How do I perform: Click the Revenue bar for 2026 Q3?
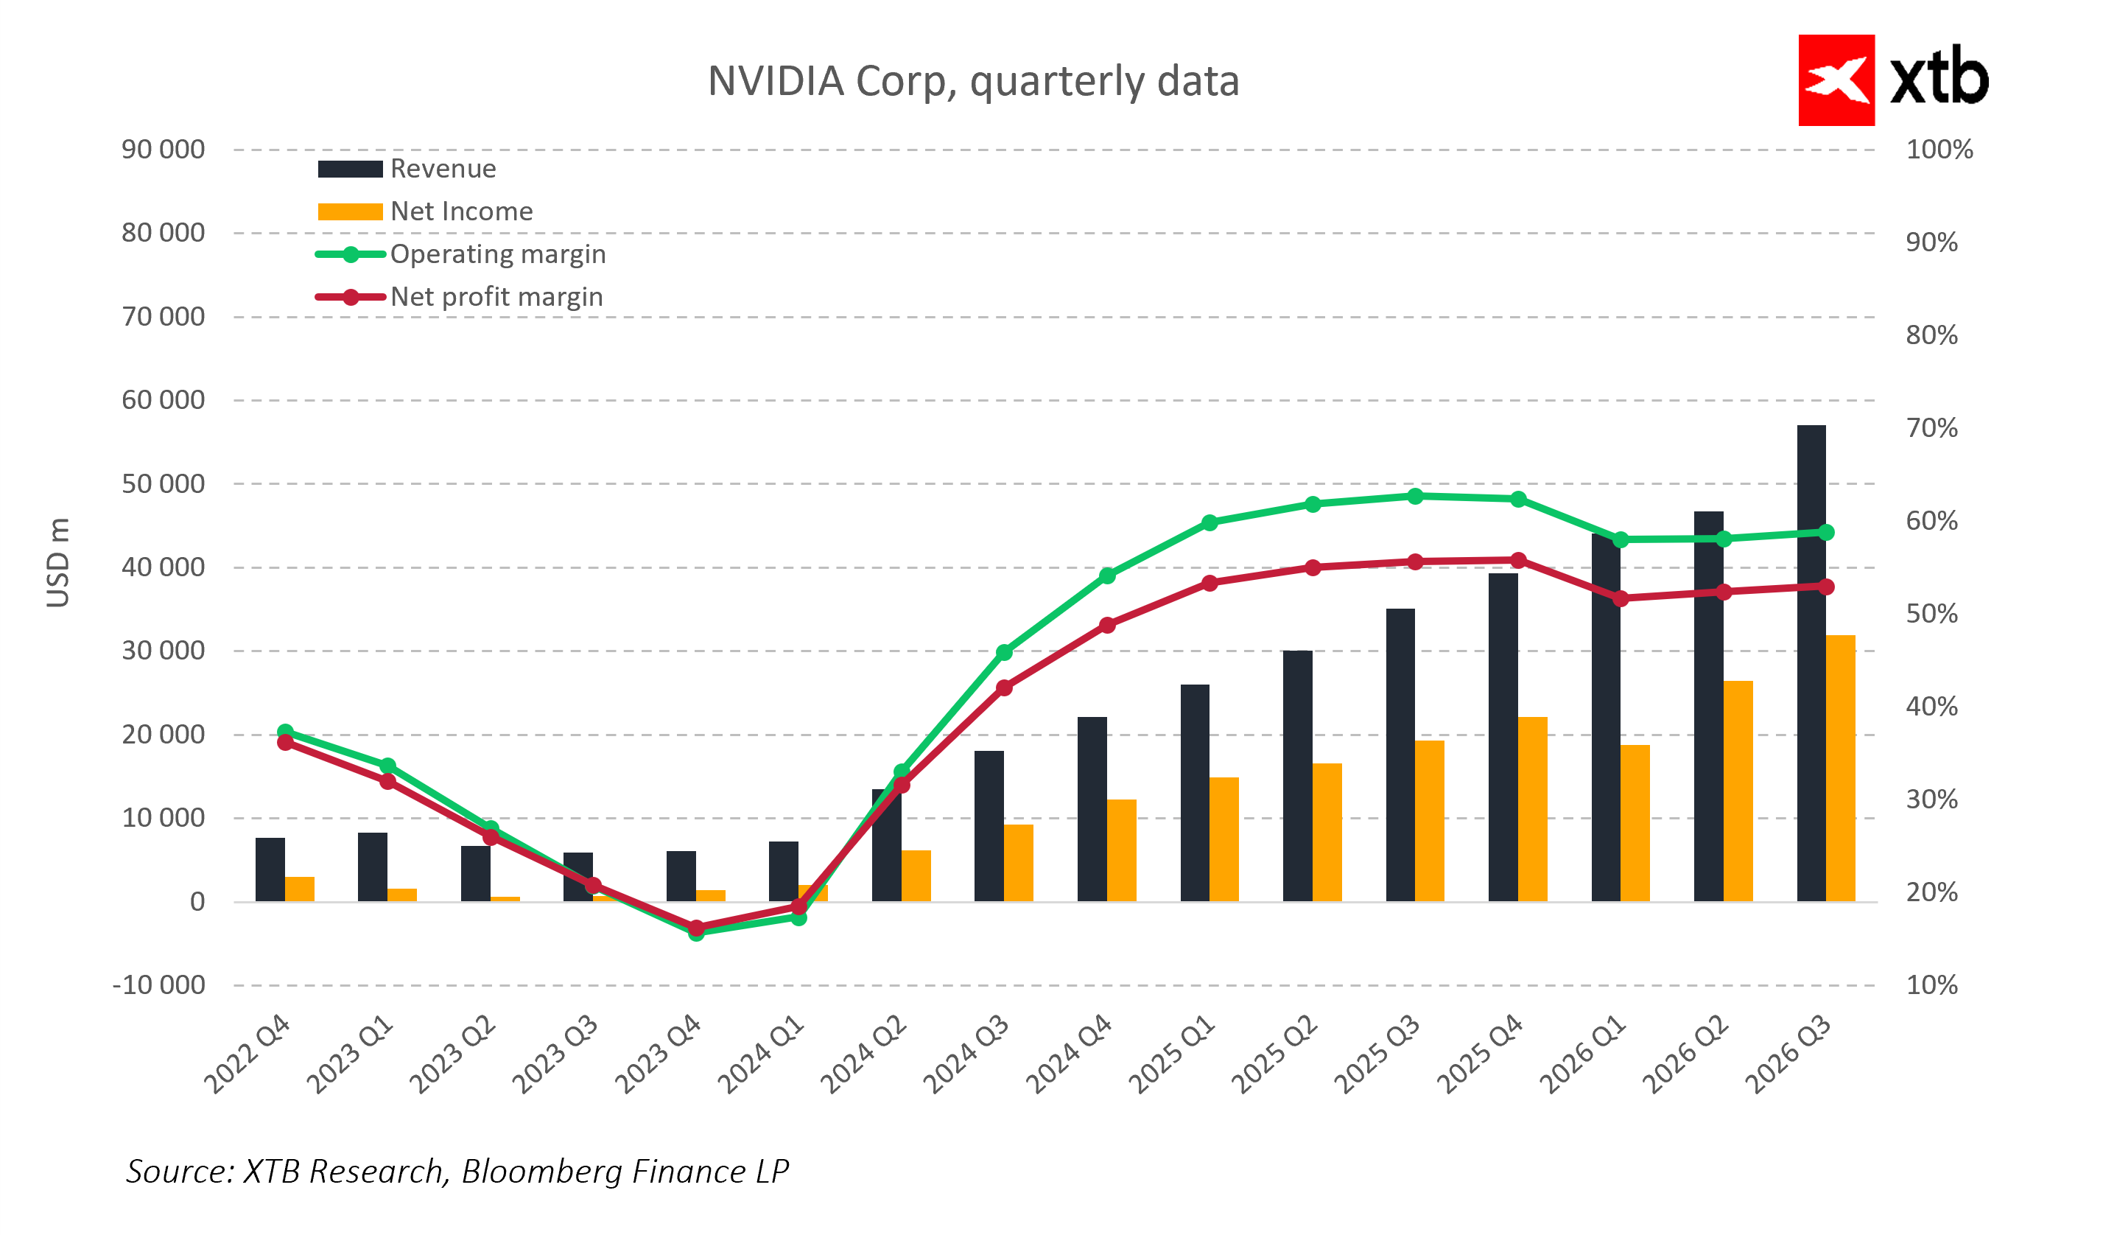(x=1811, y=664)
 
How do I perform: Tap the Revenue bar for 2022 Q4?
(x=270, y=870)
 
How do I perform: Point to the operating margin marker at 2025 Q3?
(x=1415, y=497)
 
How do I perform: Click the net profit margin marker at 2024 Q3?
(x=1004, y=688)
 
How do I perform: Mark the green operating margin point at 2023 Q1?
(x=387, y=766)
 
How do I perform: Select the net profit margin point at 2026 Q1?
(x=1621, y=599)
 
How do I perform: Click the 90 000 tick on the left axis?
(x=163, y=150)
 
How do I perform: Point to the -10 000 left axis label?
(x=159, y=984)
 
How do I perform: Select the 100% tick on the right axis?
(x=1939, y=150)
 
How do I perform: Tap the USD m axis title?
(x=58, y=562)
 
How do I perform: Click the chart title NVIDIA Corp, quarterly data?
(x=973, y=82)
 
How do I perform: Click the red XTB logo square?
(x=1836, y=80)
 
